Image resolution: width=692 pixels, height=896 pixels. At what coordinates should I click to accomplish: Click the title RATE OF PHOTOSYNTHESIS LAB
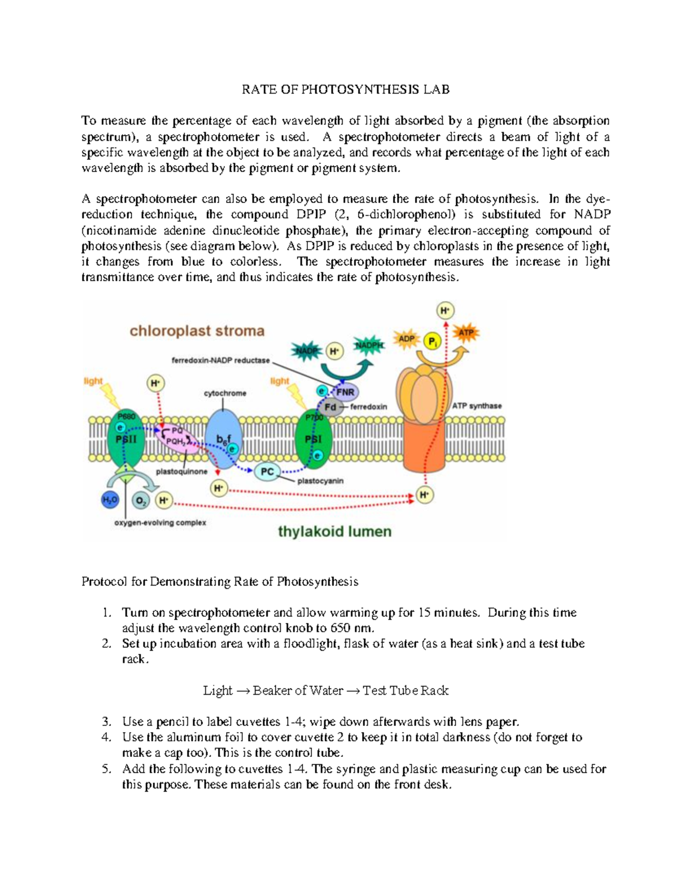345,89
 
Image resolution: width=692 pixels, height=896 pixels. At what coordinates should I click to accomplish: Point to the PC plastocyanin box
267,471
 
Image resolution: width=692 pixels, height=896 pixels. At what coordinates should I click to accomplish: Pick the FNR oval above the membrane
345,392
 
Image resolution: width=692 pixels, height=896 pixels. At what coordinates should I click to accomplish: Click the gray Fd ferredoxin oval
331,407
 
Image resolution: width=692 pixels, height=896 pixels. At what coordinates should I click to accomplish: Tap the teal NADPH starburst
369,346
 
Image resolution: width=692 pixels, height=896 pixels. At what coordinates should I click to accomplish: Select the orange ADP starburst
407,339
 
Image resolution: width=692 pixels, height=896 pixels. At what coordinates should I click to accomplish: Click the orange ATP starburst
465,333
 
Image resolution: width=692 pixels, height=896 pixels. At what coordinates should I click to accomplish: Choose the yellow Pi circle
433,342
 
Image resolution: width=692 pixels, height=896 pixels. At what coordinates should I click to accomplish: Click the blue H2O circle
110,500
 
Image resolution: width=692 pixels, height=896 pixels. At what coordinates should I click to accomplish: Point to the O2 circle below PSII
140,501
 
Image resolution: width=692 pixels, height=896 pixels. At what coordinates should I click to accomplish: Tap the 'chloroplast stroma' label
197,331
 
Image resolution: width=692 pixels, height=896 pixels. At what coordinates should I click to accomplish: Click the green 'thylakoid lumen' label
334,531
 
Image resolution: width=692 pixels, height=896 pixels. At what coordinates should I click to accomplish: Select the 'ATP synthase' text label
476,406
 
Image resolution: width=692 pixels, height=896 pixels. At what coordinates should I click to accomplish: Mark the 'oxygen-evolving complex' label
160,523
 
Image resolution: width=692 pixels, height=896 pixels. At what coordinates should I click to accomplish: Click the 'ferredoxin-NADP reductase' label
220,361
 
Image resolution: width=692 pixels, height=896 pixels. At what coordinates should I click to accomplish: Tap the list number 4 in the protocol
106,737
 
